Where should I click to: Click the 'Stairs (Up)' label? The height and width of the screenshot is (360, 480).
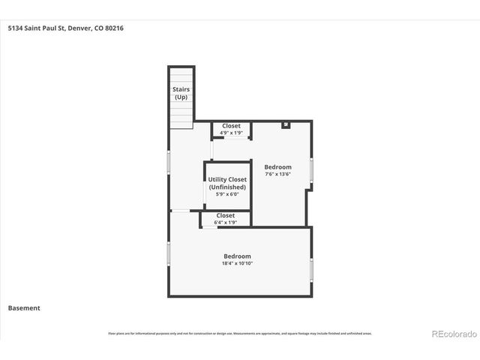(x=181, y=93)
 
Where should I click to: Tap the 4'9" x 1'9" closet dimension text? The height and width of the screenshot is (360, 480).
(x=231, y=133)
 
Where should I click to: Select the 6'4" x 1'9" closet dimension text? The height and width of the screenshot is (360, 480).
(x=225, y=222)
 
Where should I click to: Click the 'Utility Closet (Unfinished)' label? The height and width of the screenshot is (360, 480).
(x=227, y=183)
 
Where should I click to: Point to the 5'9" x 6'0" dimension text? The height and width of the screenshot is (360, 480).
(x=227, y=194)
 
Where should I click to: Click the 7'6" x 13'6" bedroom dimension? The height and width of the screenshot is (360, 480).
(x=277, y=174)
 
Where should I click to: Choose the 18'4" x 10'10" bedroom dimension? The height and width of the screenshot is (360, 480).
(x=236, y=263)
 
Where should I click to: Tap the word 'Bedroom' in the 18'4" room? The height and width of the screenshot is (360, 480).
(x=236, y=256)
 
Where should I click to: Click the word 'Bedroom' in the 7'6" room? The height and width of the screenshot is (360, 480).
(x=277, y=166)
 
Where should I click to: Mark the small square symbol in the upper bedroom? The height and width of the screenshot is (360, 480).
(x=286, y=124)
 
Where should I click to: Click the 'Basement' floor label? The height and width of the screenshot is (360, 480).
(x=24, y=307)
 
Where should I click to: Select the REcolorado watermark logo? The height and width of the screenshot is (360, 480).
(x=453, y=333)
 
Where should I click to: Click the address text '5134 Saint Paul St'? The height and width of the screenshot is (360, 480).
(x=36, y=28)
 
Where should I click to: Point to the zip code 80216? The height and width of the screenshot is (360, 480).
(x=114, y=28)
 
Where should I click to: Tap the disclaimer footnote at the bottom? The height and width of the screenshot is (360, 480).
(x=239, y=333)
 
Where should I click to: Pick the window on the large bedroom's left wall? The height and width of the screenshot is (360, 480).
(x=169, y=253)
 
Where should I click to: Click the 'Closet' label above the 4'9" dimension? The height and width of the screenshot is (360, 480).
(x=231, y=126)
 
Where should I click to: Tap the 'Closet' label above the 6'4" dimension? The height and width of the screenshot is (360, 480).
(x=225, y=215)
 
